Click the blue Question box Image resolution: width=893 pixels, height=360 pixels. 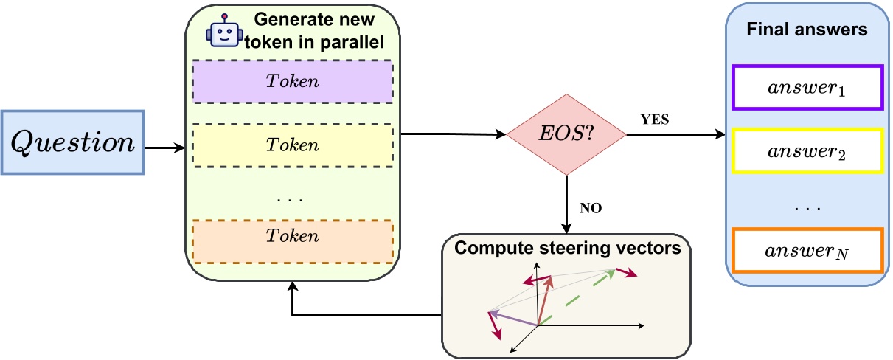coord(72,142)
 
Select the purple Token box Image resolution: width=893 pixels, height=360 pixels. coord(293,81)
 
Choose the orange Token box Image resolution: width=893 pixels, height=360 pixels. coord(293,236)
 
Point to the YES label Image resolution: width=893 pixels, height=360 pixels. coord(656,120)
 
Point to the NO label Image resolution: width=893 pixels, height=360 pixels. coord(591,209)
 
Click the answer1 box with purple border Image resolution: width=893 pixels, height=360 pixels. coord(807,87)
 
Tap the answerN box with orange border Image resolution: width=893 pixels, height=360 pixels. coord(807,252)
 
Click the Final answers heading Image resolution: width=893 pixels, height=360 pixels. coord(806,30)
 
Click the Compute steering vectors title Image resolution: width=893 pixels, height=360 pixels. coord(567,247)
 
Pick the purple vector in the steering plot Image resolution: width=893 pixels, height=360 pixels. coord(513,318)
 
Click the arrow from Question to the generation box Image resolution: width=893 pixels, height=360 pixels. coord(164,148)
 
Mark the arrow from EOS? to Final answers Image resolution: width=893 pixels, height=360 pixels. coord(675,135)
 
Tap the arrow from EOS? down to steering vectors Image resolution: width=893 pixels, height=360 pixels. coord(566,203)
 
